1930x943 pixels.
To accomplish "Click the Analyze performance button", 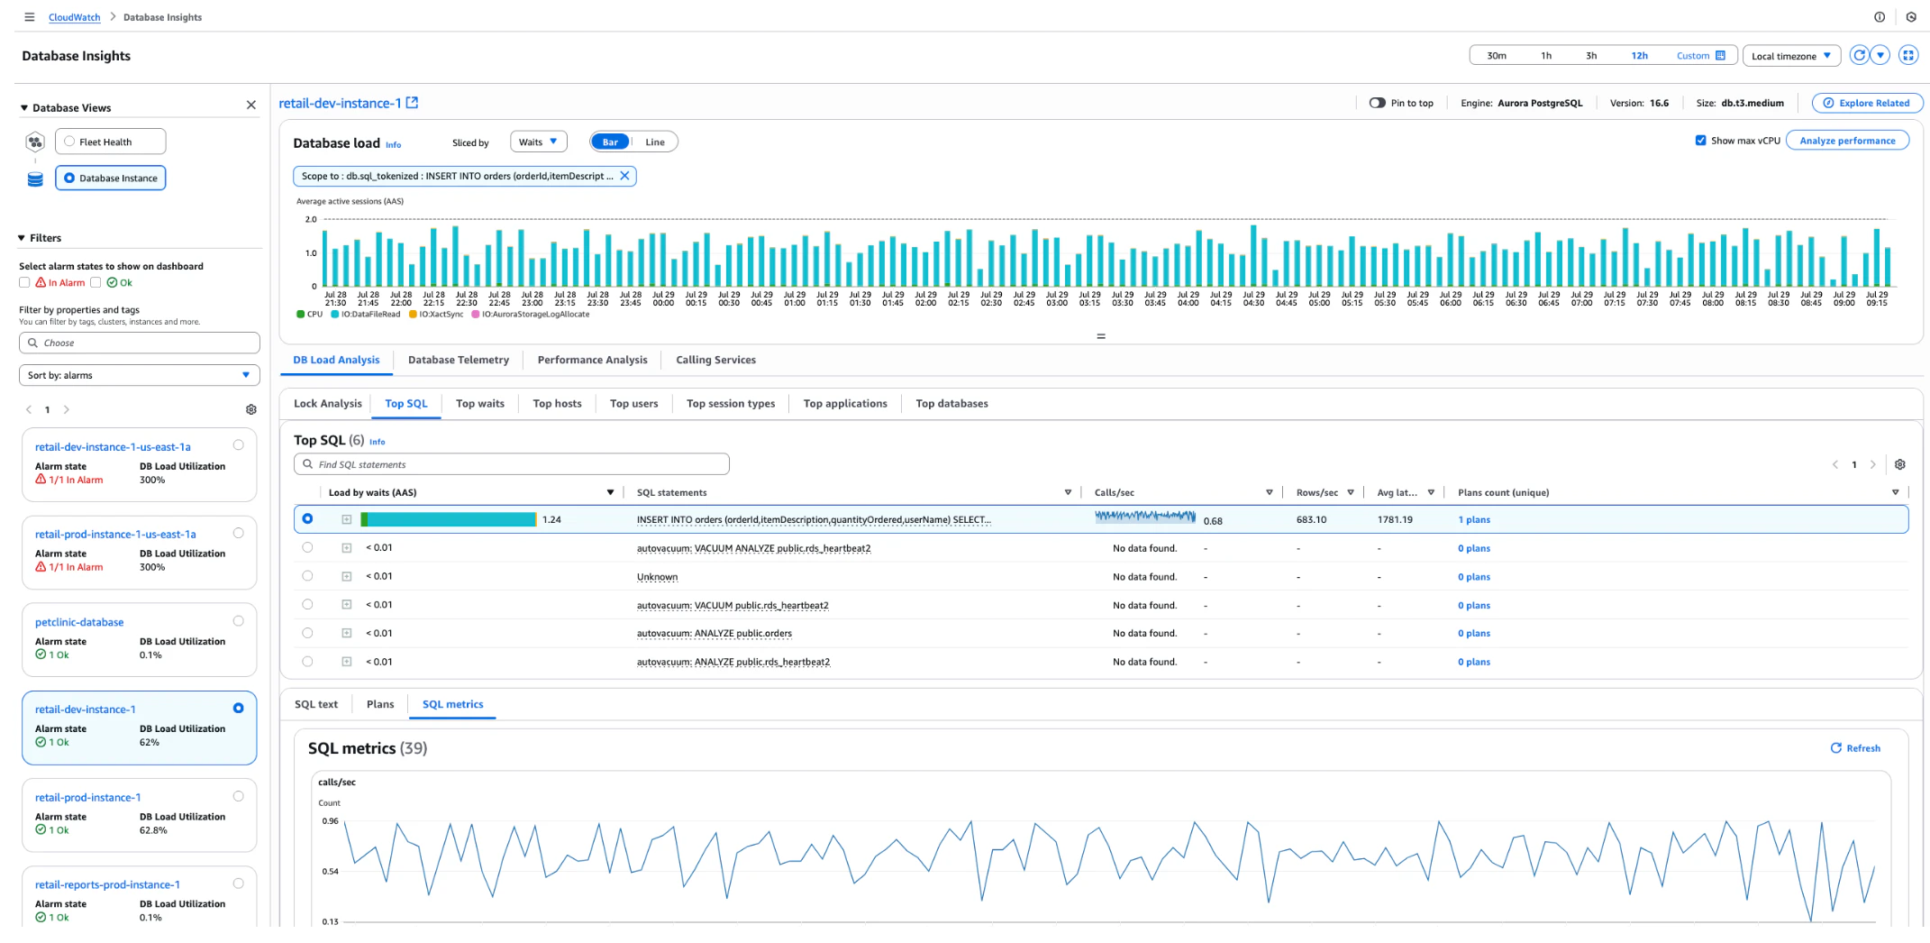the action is [x=1847, y=141].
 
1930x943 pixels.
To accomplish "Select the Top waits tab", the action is [x=479, y=404].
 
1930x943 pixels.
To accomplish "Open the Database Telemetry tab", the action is [x=458, y=360].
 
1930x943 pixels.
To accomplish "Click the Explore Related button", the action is [x=1866, y=103].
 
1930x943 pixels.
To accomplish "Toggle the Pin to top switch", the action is [x=1377, y=103].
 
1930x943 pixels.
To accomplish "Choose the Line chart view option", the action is [x=655, y=142].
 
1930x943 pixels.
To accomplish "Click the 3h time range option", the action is [x=1591, y=56].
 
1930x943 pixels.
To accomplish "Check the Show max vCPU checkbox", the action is [x=1701, y=141].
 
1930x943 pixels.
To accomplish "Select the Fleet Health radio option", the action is [x=69, y=142].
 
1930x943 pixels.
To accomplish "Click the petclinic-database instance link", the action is [x=79, y=622].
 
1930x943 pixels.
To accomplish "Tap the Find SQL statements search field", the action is [x=511, y=464].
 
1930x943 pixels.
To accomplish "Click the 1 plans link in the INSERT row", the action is [x=1474, y=520].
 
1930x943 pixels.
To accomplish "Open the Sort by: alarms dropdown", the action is [x=139, y=375].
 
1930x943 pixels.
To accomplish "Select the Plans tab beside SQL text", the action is [x=380, y=704].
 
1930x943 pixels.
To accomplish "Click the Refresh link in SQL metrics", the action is [x=1855, y=748].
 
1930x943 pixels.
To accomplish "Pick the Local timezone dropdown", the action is [x=1791, y=56].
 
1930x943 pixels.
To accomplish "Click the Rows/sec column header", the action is [x=1317, y=492].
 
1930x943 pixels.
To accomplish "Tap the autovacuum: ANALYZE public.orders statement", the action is [x=715, y=634].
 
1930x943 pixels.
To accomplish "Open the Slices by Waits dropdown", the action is [x=538, y=142].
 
